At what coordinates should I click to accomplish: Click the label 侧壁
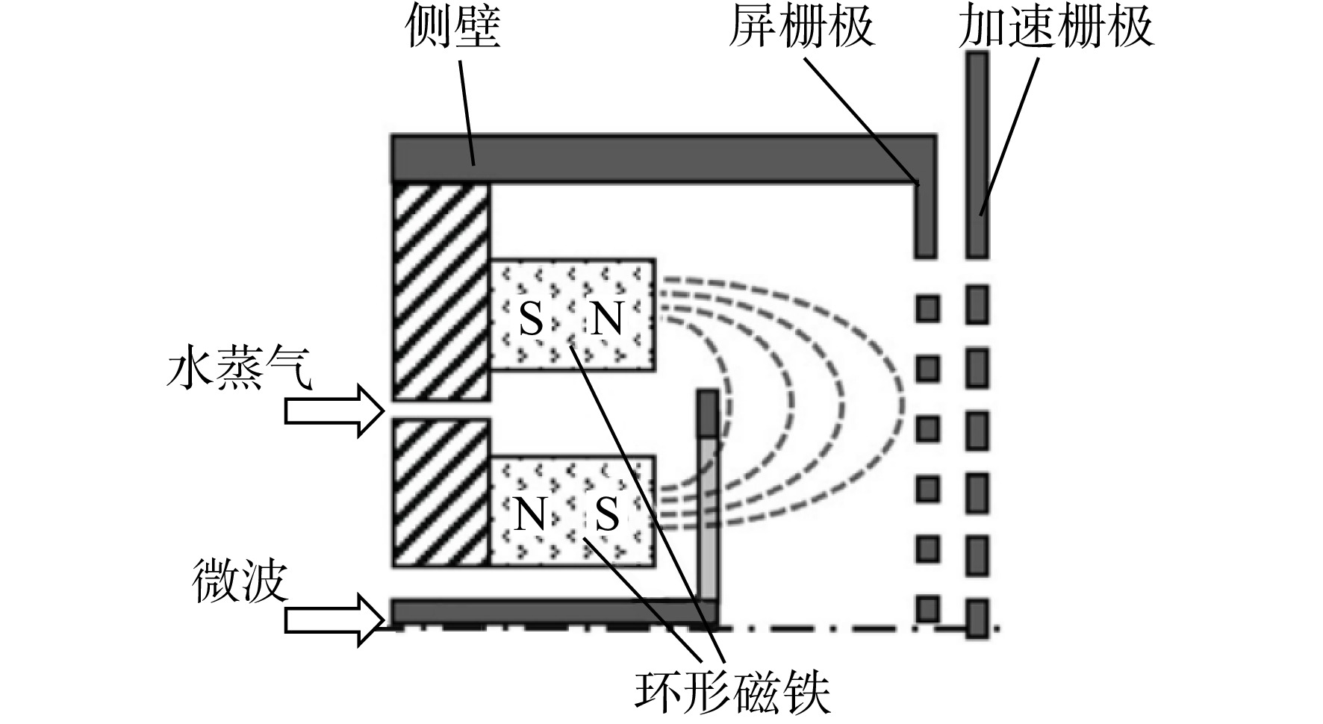[x=453, y=28]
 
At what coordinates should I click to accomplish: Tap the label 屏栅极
[x=801, y=28]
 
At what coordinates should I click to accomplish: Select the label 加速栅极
[x=1056, y=28]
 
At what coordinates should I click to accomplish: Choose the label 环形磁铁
[x=732, y=693]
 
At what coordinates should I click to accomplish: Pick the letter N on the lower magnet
[x=531, y=514]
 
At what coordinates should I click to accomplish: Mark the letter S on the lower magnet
[x=608, y=514]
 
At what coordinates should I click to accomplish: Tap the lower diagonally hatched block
[x=441, y=492]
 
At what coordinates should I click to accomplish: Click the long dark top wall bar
[x=664, y=158]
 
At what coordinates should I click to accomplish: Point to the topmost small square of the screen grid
[x=927, y=308]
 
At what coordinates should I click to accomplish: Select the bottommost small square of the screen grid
[x=927, y=608]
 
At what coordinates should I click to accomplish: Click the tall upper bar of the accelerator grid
[x=977, y=155]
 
